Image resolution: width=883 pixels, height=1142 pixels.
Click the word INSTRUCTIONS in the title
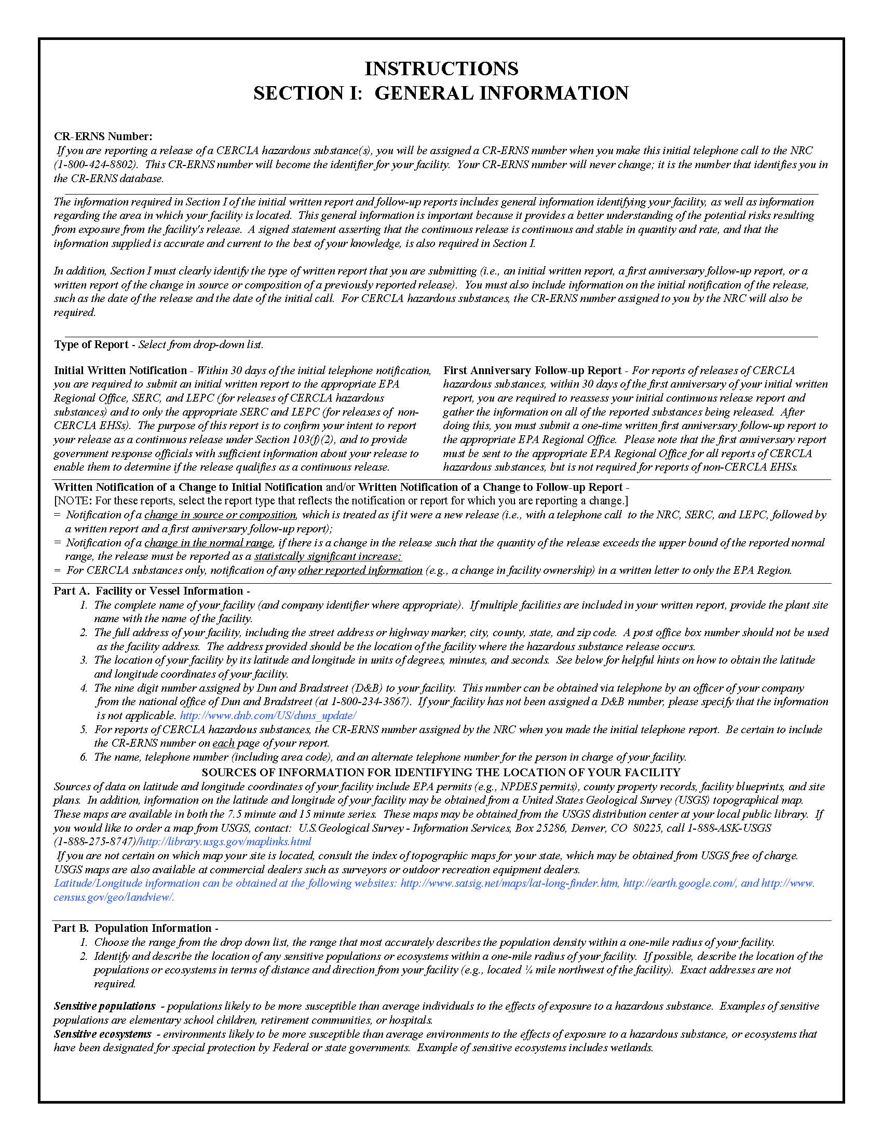[x=441, y=68]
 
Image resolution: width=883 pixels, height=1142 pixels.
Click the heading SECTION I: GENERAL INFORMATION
[x=441, y=93]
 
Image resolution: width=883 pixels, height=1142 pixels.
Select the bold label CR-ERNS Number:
[x=103, y=136]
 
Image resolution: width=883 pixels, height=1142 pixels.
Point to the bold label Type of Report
[x=91, y=345]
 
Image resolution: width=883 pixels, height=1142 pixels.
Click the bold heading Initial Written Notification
[x=120, y=370]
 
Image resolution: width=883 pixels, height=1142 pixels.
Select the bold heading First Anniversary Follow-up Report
[x=532, y=370]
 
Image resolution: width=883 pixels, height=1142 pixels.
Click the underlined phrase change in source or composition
[x=220, y=515]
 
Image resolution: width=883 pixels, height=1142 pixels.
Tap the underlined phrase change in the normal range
[x=209, y=543]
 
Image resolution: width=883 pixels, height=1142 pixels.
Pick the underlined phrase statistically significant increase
[x=328, y=556]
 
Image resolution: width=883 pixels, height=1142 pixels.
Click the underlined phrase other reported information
[x=360, y=570]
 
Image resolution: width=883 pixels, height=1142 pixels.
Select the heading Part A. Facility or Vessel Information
[x=148, y=591]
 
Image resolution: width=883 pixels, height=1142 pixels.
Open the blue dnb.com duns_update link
[x=268, y=716]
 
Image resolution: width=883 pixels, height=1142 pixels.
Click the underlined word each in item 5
[x=223, y=743]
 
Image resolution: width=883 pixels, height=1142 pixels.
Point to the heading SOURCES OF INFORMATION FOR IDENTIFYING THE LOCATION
[x=441, y=772]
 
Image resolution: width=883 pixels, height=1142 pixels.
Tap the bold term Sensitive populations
[x=105, y=1006]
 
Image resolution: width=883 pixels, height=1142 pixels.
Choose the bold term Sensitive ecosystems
[x=103, y=1034]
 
